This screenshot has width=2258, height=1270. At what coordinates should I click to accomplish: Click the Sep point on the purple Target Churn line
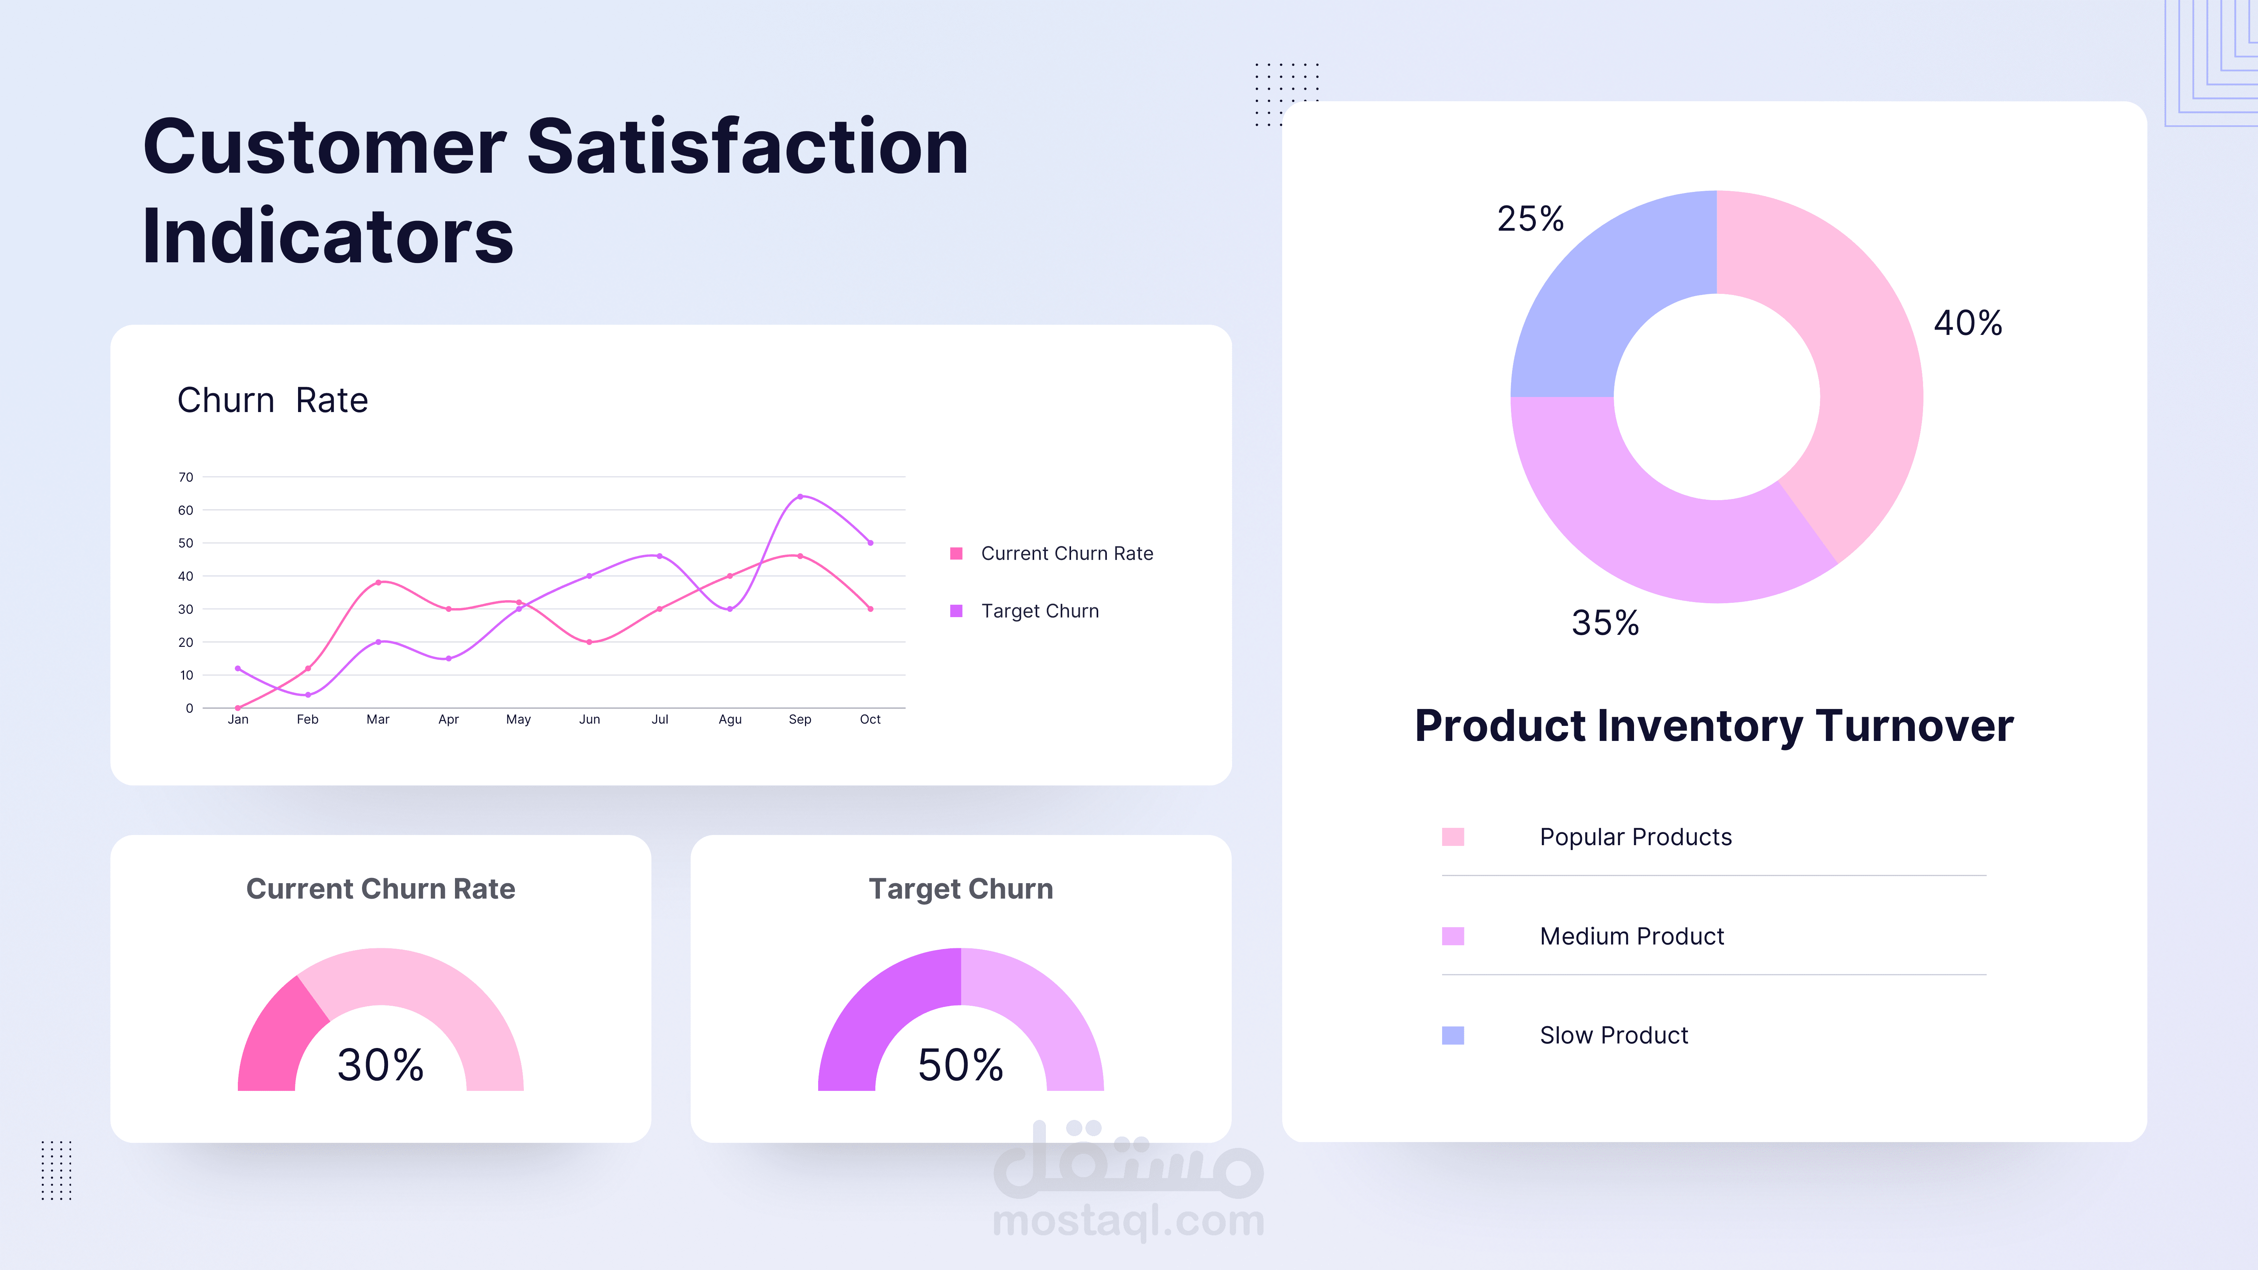pos(799,496)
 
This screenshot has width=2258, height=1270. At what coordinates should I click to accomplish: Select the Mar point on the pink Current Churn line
pos(378,582)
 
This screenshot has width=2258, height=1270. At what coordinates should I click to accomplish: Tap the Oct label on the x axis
pos(870,719)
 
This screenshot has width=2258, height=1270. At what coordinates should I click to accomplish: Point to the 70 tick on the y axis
pos(186,477)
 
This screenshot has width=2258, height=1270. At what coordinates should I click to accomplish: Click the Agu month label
pos(729,719)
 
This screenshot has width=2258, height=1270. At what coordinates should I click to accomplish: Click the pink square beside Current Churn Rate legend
pos(956,553)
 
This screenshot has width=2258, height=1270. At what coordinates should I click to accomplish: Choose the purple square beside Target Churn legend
pos(956,611)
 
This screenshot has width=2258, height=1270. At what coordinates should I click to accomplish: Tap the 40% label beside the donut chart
pos(1968,322)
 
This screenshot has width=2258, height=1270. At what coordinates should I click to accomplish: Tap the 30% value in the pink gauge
pos(380,1065)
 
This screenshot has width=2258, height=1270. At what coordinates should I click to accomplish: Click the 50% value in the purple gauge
pos(961,1065)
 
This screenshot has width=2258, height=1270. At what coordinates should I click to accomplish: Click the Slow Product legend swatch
pos(1452,1035)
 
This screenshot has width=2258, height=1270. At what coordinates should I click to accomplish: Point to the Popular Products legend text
pos(1636,837)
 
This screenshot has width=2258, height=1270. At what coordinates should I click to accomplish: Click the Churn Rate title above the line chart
pos(272,400)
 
